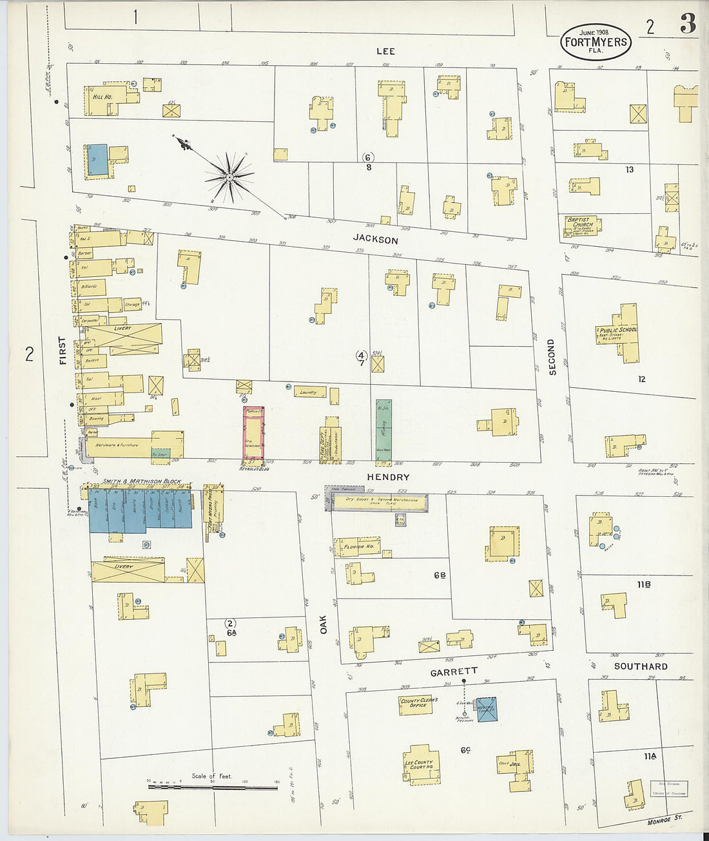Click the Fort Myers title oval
pyautogui.click(x=595, y=42)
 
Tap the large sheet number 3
pyautogui.click(x=687, y=24)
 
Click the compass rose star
pyautogui.click(x=229, y=176)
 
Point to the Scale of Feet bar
pyautogui.click(x=212, y=787)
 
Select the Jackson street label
pyautogui.click(x=375, y=240)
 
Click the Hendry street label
pyautogui.click(x=388, y=477)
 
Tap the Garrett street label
pyautogui.click(x=454, y=672)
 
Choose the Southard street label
pyautogui.click(x=640, y=666)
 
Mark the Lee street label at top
pyautogui.click(x=385, y=51)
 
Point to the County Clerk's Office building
pyautogui.click(x=419, y=704)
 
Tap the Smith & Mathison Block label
pyautogui.click(x=141, y=481)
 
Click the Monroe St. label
pyautogui.click(x=665, y=820)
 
